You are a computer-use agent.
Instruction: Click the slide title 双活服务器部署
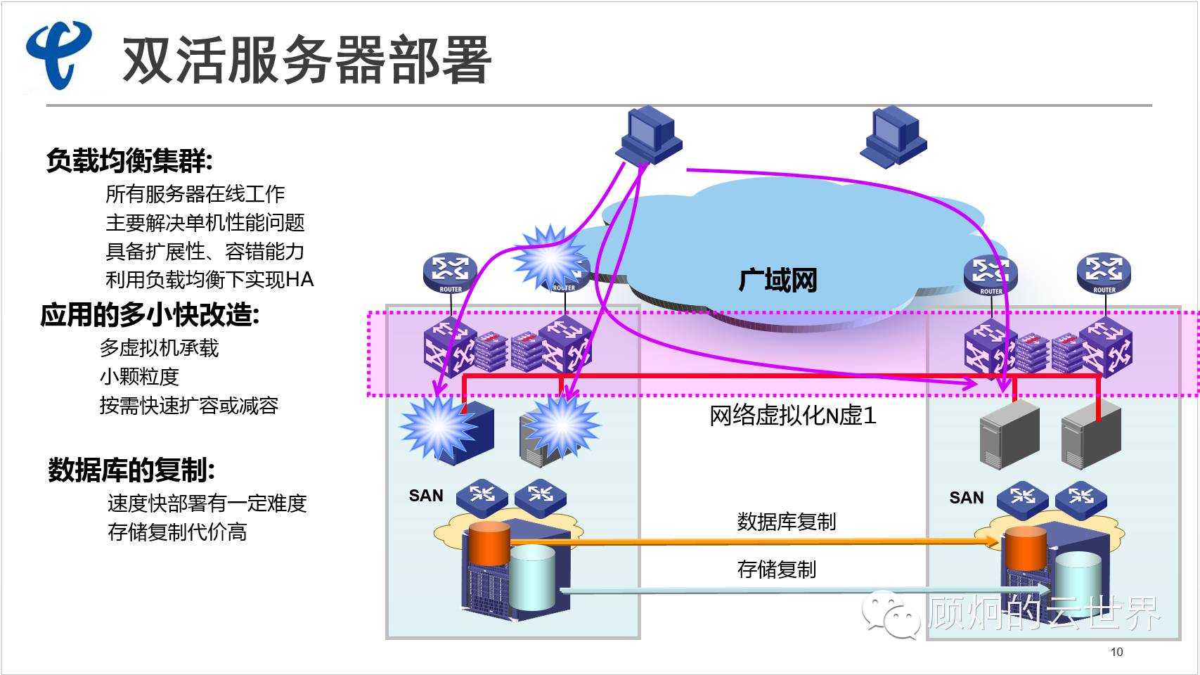pyautogui.click(x=307, y=60)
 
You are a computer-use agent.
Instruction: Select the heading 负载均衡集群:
pyautogui.click(x=129, y=161)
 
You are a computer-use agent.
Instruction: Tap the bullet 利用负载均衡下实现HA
pyautogui.click(x=209, y=280)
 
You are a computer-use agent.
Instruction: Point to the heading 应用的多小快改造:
pyautogui.click(x=150, y=315)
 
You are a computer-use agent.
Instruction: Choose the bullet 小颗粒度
pyautogui.click(x=139, y=377)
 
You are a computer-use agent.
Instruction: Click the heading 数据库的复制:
pyautogui.click(x=131, y=470)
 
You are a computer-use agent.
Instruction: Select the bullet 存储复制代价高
pyautogui.click(x=177, y=532)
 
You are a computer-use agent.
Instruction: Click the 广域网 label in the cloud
pyautogui.click(x=778, y=281)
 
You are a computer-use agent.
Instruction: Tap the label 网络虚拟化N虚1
pyautogui.click(x=792, y=416)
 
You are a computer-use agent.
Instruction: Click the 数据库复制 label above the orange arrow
pyautogui.click(x=786, y=522)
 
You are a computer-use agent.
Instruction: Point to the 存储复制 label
pyautogui.click(x=776, y=570)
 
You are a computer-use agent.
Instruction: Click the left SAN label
pyautogui.click(x=426, y=496)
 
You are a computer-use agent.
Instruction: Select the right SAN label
pyautogui.click(x=967, y=498)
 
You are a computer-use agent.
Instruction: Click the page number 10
pyautogui.click(x=1116, y=652)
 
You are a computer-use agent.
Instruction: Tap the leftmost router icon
pyautogui.click(x=450, y=273)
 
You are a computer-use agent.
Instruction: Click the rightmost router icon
pyautogui.click(x=1104, y=273)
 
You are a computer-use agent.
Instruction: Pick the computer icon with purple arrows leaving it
pyautogui.click(x=649, y=136)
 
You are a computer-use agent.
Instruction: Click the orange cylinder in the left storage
pyautogui.click(x=489, y=544)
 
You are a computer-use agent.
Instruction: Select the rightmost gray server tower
pyautogui.click(x=1090, y=435)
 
